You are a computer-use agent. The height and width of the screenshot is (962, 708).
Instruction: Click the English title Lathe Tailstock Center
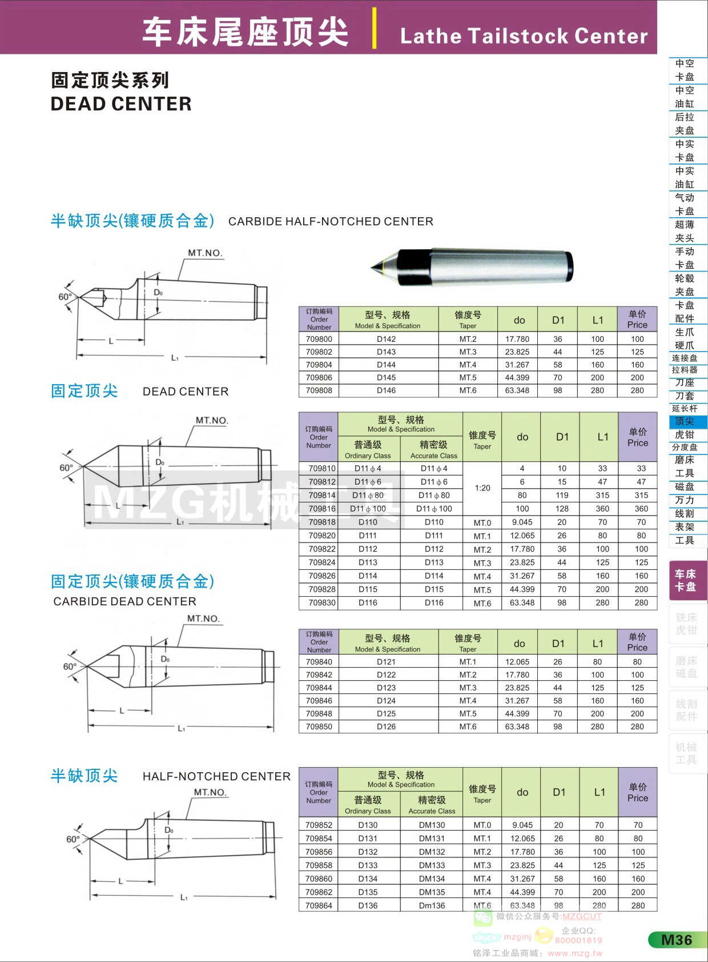pos(524,36)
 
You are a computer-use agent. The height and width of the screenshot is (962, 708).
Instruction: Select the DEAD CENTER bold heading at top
pos(121,104)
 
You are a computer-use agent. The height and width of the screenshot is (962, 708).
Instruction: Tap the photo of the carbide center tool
pos(472,266)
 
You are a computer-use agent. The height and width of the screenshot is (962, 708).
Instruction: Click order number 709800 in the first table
pos(319,339)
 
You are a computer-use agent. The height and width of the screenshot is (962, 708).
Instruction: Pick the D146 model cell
pos(387,390)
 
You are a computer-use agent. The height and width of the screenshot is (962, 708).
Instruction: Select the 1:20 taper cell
pos(482,488)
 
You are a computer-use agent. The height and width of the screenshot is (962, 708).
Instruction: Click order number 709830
pos(322,602)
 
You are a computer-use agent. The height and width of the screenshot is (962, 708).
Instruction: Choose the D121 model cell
pos(387,662)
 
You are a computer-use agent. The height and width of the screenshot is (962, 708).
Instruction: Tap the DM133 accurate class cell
pos(432,865)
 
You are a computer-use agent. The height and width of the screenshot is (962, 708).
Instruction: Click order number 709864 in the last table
pos(319,905)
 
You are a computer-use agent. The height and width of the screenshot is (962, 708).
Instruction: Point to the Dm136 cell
pos(432,905)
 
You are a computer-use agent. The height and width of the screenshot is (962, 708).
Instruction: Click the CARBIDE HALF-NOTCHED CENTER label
pos(331,222)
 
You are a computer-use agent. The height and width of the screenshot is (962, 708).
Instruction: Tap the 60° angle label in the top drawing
pos(65,297)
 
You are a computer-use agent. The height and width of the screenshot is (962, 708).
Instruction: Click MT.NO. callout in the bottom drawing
pos(210,792)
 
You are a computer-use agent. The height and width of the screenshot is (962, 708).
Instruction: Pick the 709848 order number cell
pos(319,713)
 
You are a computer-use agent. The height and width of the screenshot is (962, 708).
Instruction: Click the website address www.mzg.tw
pos(574,953)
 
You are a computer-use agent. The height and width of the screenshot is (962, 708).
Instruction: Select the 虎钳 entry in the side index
pos(685,434)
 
